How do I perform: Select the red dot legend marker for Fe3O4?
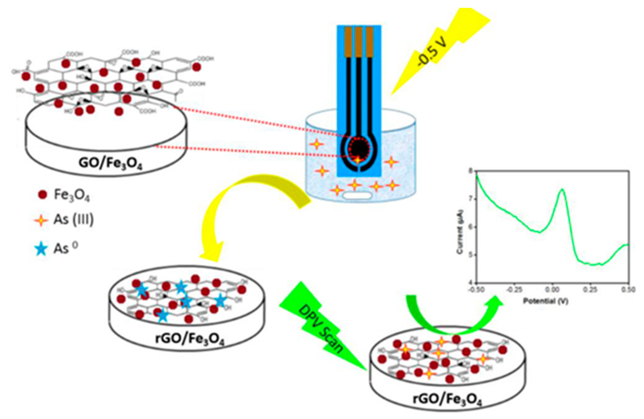42,195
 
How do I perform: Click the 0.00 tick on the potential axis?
552,290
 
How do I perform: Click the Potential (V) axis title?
546,301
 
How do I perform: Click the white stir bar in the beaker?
357,196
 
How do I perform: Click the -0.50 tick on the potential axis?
476,290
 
